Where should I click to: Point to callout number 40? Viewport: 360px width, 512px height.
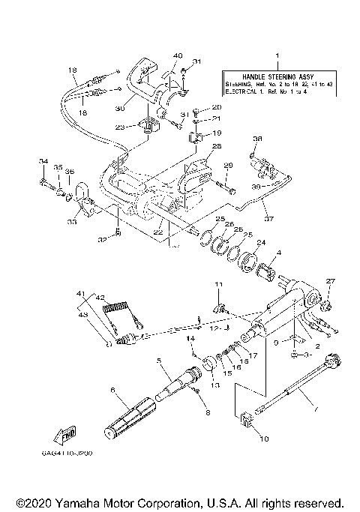[x=178, y=55]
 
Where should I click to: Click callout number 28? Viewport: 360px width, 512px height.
[x=216, y=146]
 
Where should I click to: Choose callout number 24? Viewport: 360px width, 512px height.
[x=262, y=243]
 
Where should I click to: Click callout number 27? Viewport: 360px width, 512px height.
[x=331, y=281]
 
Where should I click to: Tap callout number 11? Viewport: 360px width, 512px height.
[x=220, y=285]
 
